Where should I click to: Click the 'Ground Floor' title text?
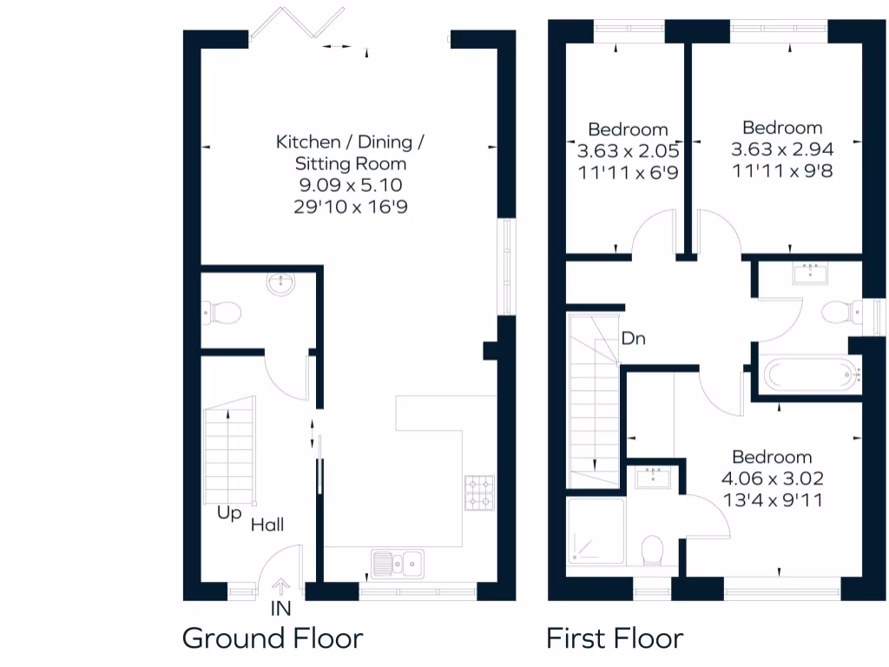[272, 638]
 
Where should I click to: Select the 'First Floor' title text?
[615, 638]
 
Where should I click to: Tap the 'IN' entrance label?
[280, 609]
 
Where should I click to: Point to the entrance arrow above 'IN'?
[280, 588]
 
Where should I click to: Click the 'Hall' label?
[267, 525]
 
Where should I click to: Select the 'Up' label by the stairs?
[229, 513]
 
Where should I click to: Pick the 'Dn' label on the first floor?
[633, 338]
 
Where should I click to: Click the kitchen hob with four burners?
[479, 492]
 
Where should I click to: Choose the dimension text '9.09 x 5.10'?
[351, 185]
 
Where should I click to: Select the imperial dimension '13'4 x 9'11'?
[772, 499]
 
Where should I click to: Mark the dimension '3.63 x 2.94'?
[782, 149]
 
